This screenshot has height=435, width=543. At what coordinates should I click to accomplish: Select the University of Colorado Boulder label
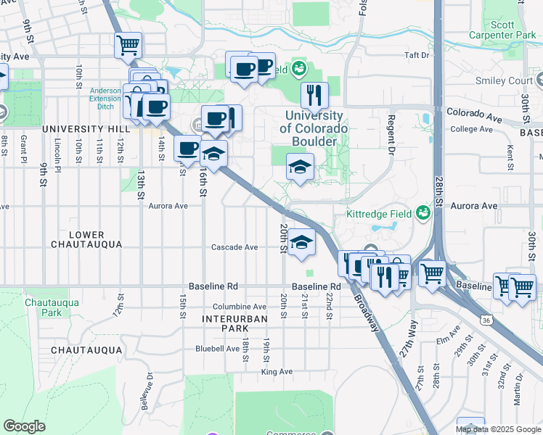point(314,128)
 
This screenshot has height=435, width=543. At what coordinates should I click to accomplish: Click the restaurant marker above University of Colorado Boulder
point(314,95)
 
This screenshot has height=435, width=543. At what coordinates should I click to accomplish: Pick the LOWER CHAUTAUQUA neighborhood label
point(87,240)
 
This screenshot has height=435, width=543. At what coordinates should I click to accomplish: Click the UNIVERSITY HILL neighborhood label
point(79,129)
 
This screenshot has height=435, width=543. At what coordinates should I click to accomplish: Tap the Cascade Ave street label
point(234,247)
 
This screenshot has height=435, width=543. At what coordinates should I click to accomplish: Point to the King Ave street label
point(277,372)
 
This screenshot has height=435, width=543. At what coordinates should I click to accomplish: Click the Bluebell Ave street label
point(217,349)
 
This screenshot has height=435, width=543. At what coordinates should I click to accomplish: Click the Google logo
point(24,426)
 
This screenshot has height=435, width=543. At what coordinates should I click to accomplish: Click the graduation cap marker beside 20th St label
point(301,243)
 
